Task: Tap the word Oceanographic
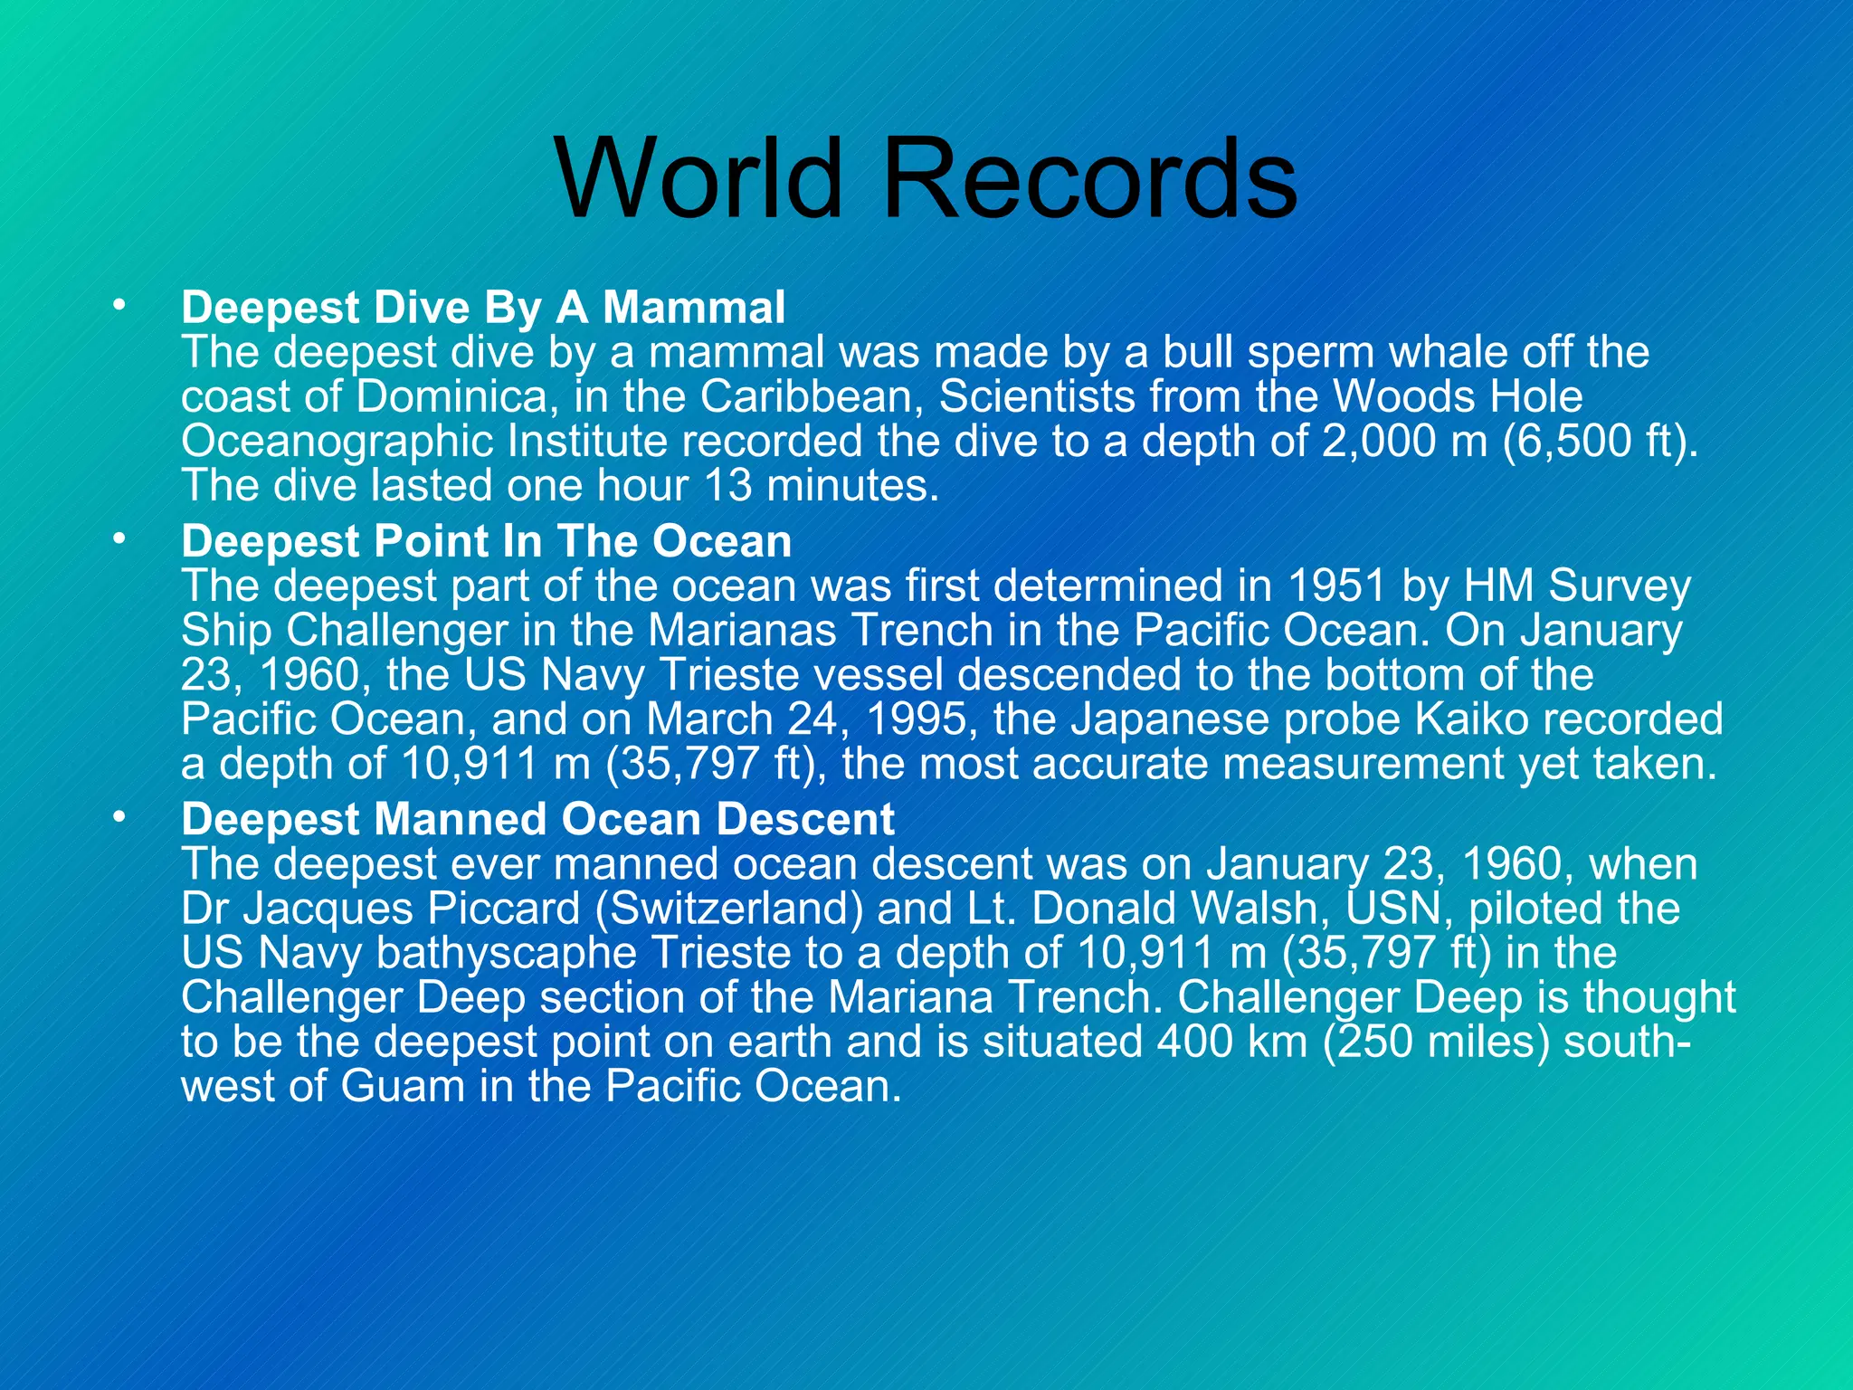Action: point(336,441)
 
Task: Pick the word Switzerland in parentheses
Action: point(729,909)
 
